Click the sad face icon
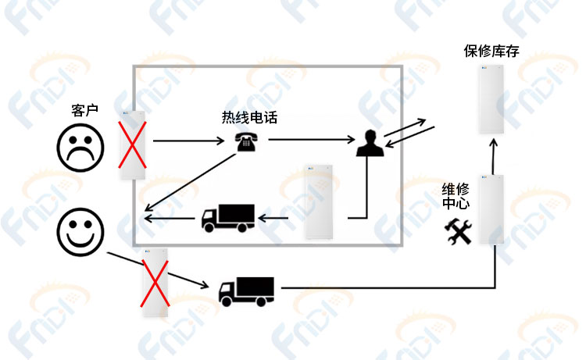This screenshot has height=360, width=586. tap(80, 148)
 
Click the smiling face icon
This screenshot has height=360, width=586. tap(80, 232)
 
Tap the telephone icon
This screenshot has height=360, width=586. tap(245, 141)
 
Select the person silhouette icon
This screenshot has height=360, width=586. tap(370, 143)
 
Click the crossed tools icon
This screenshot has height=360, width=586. tap(458, 232)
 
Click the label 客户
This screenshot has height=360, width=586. tap(85, 111)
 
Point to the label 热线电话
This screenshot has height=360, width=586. tap(249, 118)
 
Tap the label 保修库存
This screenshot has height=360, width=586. tap(491, 52)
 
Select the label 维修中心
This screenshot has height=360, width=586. tap(456, 197)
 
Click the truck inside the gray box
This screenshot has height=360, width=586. tap(228, 218)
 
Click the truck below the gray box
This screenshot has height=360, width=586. tap(246, 291)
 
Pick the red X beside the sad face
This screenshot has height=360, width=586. tap(132, 144)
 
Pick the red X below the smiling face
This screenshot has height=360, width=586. tap(155, 283)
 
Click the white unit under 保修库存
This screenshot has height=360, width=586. tap(491, 99)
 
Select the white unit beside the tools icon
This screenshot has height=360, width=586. tap(491, 209)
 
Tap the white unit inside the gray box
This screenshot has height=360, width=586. tap(319, 201)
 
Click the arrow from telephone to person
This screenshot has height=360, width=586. tap(312, 140)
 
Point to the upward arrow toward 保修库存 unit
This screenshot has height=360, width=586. tap(494, 157)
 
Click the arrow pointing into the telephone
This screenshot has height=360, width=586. tap(189, 141)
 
